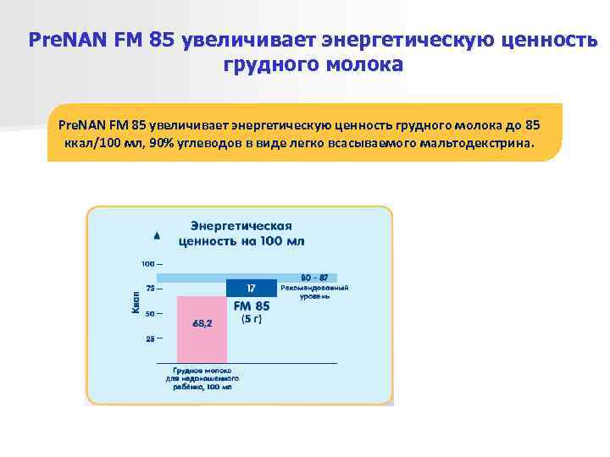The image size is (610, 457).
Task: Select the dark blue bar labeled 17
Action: (251, 287)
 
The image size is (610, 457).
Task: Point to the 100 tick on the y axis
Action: (148, 263)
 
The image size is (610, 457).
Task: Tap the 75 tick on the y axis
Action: (151, 289)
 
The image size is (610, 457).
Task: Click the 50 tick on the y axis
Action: (151, 314)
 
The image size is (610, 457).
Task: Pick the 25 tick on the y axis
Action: (151, 339)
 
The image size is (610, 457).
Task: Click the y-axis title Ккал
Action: (136, 300)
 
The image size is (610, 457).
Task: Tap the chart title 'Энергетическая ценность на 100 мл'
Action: (241, 234)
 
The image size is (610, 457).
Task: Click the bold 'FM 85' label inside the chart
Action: (252, 306)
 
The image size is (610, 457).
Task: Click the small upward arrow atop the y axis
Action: (156, 234)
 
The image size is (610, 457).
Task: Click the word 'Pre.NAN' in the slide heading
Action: (64, 40)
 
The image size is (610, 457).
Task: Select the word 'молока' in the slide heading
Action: (357, 64)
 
